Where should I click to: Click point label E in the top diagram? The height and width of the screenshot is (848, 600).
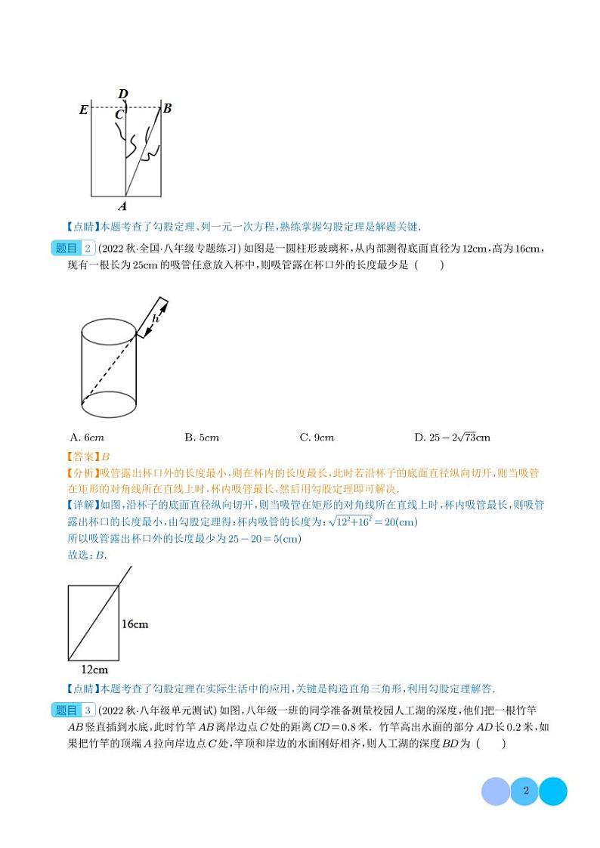pos(83,110)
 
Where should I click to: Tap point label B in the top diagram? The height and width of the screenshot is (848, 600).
pos(168,108)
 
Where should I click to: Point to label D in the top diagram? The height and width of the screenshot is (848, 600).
pos(123,94)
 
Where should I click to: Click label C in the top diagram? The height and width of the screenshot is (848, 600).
pos(119,115)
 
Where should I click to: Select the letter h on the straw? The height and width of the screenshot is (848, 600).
pos(156,320)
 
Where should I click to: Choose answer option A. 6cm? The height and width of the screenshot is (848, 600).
pos(86,438)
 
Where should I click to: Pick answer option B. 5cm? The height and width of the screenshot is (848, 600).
pos(202,438)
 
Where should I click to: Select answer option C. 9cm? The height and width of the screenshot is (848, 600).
pos(317,438)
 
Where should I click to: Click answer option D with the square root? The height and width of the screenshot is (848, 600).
pos(452,438)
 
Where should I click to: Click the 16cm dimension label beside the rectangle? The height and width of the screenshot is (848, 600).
pos(135,624)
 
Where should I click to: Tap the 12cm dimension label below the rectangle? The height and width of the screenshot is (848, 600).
pos(94,670)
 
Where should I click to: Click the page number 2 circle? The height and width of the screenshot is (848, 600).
pos(524,791)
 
